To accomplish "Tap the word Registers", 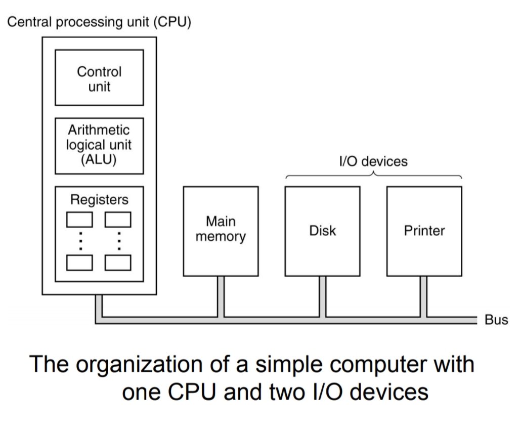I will click(x=99, y=200).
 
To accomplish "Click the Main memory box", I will click(x=221, y=231).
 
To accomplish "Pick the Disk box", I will click(x=322, y=231).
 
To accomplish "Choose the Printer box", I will click(x=424, y=231).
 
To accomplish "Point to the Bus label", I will click(x=496, y=320).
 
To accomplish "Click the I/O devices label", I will click(x=373, y=161).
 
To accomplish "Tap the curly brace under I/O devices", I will click(x=373, y=175).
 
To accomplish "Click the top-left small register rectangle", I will click(x=80, y=220).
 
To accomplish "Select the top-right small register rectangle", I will click(x=118, y=220).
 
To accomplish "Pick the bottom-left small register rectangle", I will click(x=80, y=263).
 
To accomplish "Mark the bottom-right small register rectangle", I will click(x=118, y=263).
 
